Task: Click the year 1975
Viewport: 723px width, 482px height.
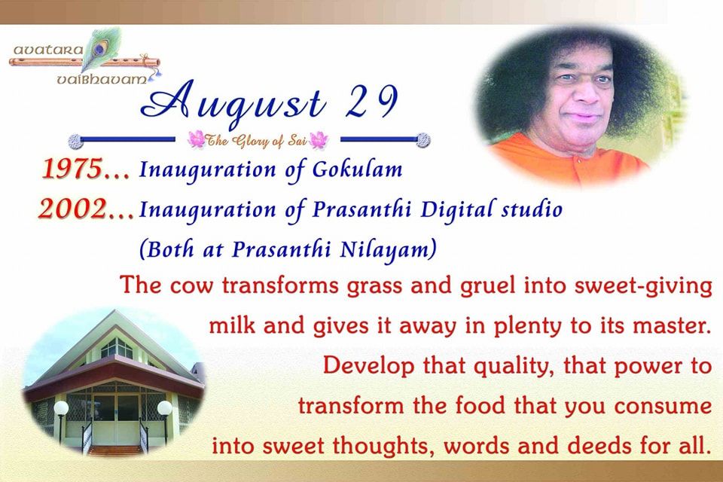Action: (x=72, y=169)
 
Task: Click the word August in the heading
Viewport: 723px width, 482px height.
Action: (x=233, y=104)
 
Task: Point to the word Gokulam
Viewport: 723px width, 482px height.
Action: (x=357, y=169)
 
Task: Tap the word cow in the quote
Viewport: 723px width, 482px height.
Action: (x=191, y=286)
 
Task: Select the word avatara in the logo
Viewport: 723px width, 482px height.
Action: (x=48, y=50)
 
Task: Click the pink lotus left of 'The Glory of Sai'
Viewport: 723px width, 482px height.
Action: (x=197, y=139)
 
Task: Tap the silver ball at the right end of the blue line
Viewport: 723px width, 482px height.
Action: (x=423, y=140)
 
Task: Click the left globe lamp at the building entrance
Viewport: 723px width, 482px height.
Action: (x=61, y=407)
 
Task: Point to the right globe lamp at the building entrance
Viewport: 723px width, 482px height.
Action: (x=165, y=407)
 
